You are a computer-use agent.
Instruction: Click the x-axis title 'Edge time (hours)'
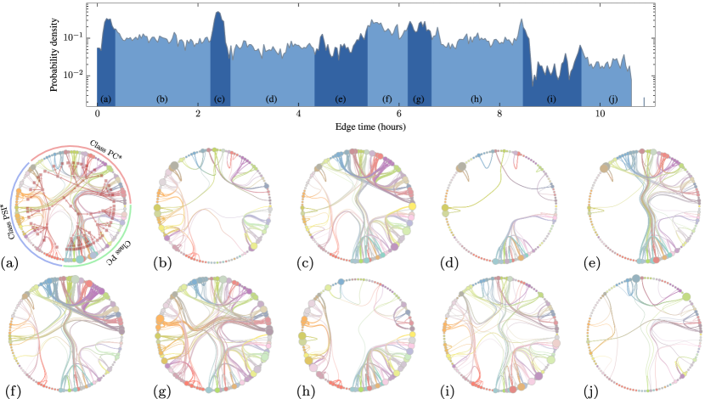tap(370, 126)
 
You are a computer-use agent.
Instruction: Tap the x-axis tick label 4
tap(298, 114)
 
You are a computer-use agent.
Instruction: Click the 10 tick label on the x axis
tap(600, 114)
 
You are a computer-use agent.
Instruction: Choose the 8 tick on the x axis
tap(499, 114)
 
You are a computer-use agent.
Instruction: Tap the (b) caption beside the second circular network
tap(164, 261)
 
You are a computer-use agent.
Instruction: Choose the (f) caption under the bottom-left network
tap(14, 391)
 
